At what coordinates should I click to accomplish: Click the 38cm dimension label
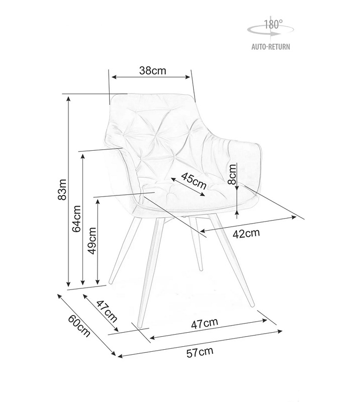153,70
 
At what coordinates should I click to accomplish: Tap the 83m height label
62,189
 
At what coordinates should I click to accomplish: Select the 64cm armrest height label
76,219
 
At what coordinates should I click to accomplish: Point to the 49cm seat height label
92,241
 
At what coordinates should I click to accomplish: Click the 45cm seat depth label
194,180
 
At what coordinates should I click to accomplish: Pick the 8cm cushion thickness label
232,174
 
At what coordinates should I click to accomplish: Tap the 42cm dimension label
246,233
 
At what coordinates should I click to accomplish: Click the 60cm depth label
79,325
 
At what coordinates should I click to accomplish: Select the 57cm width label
200,352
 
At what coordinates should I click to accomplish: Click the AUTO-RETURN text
271,47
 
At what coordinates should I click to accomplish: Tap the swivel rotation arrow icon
271,30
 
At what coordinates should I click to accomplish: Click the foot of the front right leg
252,305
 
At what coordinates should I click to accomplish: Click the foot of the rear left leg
111,282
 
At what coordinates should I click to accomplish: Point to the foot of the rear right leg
201,269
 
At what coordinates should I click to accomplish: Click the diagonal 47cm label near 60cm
107,312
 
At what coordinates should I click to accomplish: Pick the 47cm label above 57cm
205,323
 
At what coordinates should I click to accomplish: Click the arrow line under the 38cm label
151,77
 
